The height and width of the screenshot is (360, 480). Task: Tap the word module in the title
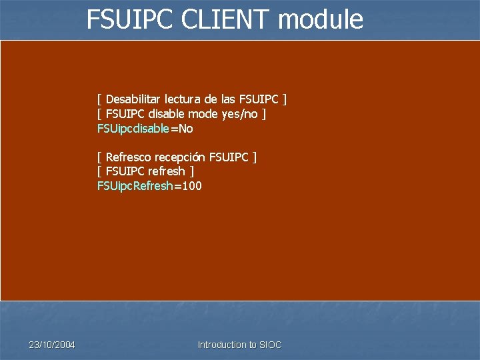[x=321, y=19]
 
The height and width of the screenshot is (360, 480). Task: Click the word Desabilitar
[x=135, y=100]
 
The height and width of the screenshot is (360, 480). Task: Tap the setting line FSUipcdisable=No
[x=145, y=129]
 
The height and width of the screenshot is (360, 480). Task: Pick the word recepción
[x=180, y=157]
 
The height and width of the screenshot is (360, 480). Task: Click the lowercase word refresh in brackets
[x=167, y=171]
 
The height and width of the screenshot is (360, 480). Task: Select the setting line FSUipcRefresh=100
[x=149, y=186]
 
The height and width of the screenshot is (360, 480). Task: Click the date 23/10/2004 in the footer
[x=52, y=345]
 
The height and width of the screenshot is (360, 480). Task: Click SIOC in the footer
[x=271, y=345]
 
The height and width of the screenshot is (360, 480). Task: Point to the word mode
[x=206, y=114]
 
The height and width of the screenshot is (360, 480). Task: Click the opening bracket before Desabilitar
[x=99, y=100]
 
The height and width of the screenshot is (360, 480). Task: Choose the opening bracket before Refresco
[x=99, y=157]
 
